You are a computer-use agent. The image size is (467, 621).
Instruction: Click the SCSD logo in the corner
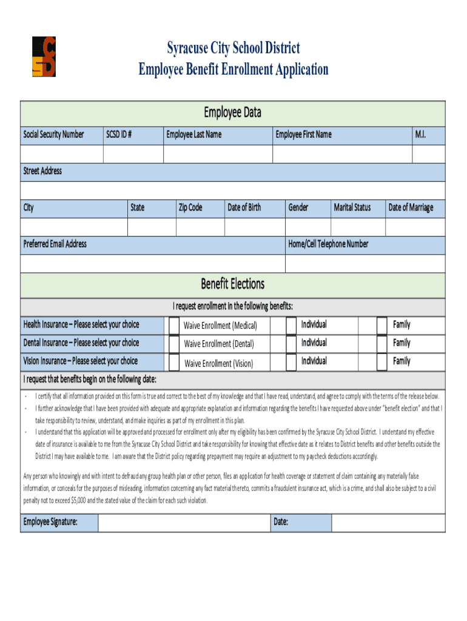coord(44,56)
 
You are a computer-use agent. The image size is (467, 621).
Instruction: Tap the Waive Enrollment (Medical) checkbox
coord(173,326)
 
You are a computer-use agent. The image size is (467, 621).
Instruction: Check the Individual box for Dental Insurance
coord(291,344)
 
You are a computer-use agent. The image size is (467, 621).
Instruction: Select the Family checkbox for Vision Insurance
coord(381,362)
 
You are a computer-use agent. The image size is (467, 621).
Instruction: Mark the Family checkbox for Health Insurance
coord(381,326)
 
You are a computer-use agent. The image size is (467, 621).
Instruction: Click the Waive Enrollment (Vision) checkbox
coord(173,363)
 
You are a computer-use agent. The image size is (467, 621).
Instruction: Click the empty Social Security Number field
coord(61,154)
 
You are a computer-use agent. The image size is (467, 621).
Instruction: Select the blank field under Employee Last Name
coord(218,154)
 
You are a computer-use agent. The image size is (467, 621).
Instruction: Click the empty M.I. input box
coord(428,154)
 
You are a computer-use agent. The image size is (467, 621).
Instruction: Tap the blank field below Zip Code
coord(200,227)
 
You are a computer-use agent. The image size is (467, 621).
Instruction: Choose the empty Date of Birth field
coord(255,227)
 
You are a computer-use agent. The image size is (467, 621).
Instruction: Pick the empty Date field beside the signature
coord(388,523)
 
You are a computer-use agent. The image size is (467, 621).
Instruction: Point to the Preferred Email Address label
coord(55,244)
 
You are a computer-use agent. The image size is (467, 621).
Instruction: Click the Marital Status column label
coord(352,207)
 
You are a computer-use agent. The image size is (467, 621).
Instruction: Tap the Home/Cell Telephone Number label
coord(328,244)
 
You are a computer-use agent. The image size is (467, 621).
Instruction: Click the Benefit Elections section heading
coord(233,284)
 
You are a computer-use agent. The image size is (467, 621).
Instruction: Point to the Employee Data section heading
coord(233,112)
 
